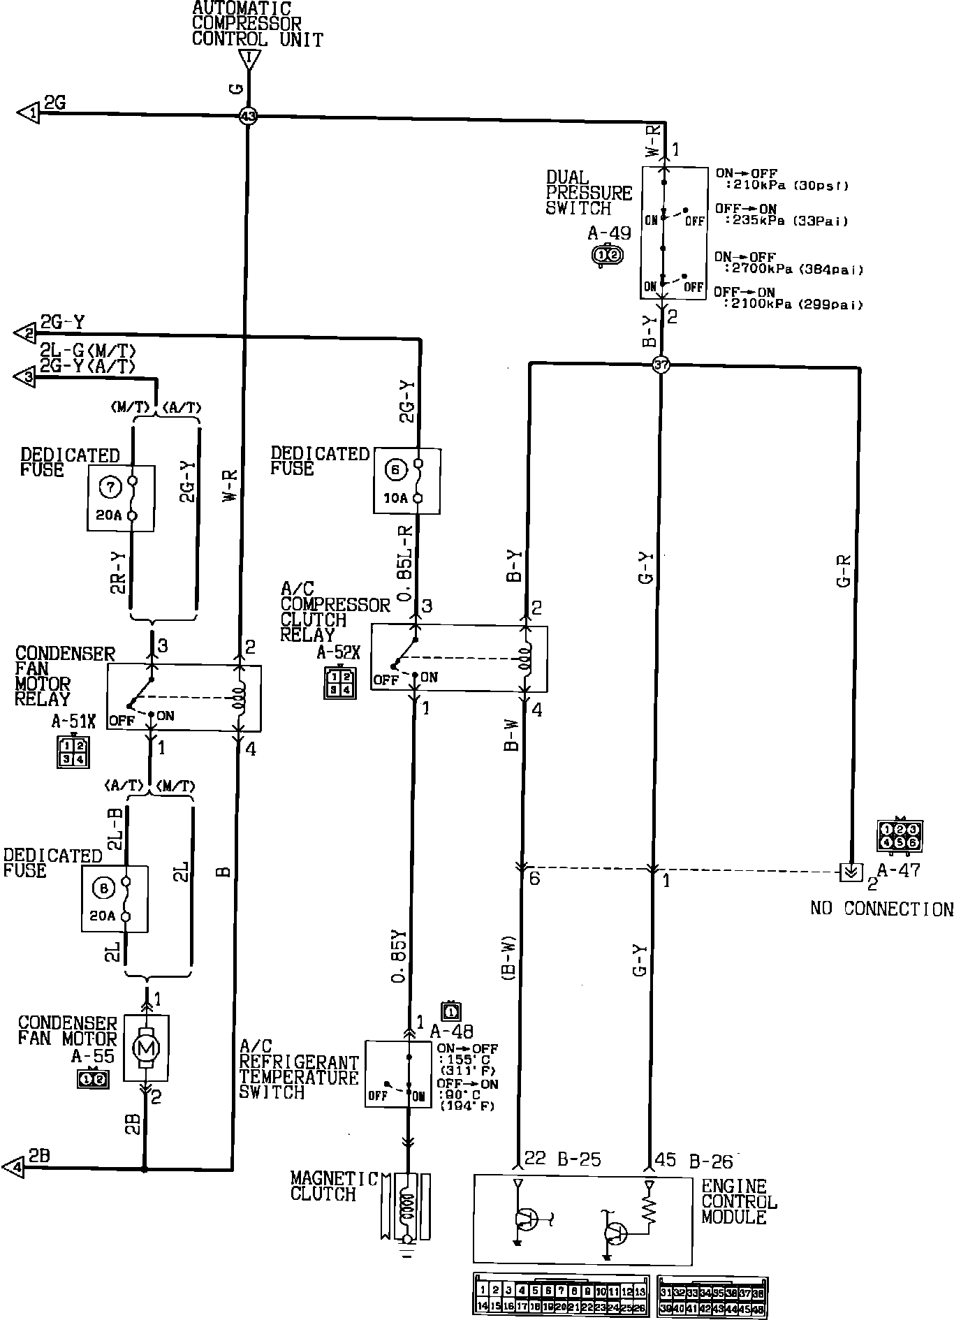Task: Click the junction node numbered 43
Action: tap(248, 116)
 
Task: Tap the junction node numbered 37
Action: tap(661, 364)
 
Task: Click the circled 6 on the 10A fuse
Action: tap(395, 471)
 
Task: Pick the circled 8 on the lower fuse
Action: tap(103, 888)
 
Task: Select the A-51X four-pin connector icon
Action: tap(73, 752)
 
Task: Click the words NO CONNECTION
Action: tap(881, 909)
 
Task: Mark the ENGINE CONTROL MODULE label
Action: tap(738, 1201)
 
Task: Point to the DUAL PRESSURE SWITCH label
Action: tap(589, 193)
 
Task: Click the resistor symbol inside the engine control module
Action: tap(649, 1212)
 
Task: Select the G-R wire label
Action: tap(843, 571)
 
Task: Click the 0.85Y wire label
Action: tap(399, 957)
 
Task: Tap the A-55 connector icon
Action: tap(92, 1079)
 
